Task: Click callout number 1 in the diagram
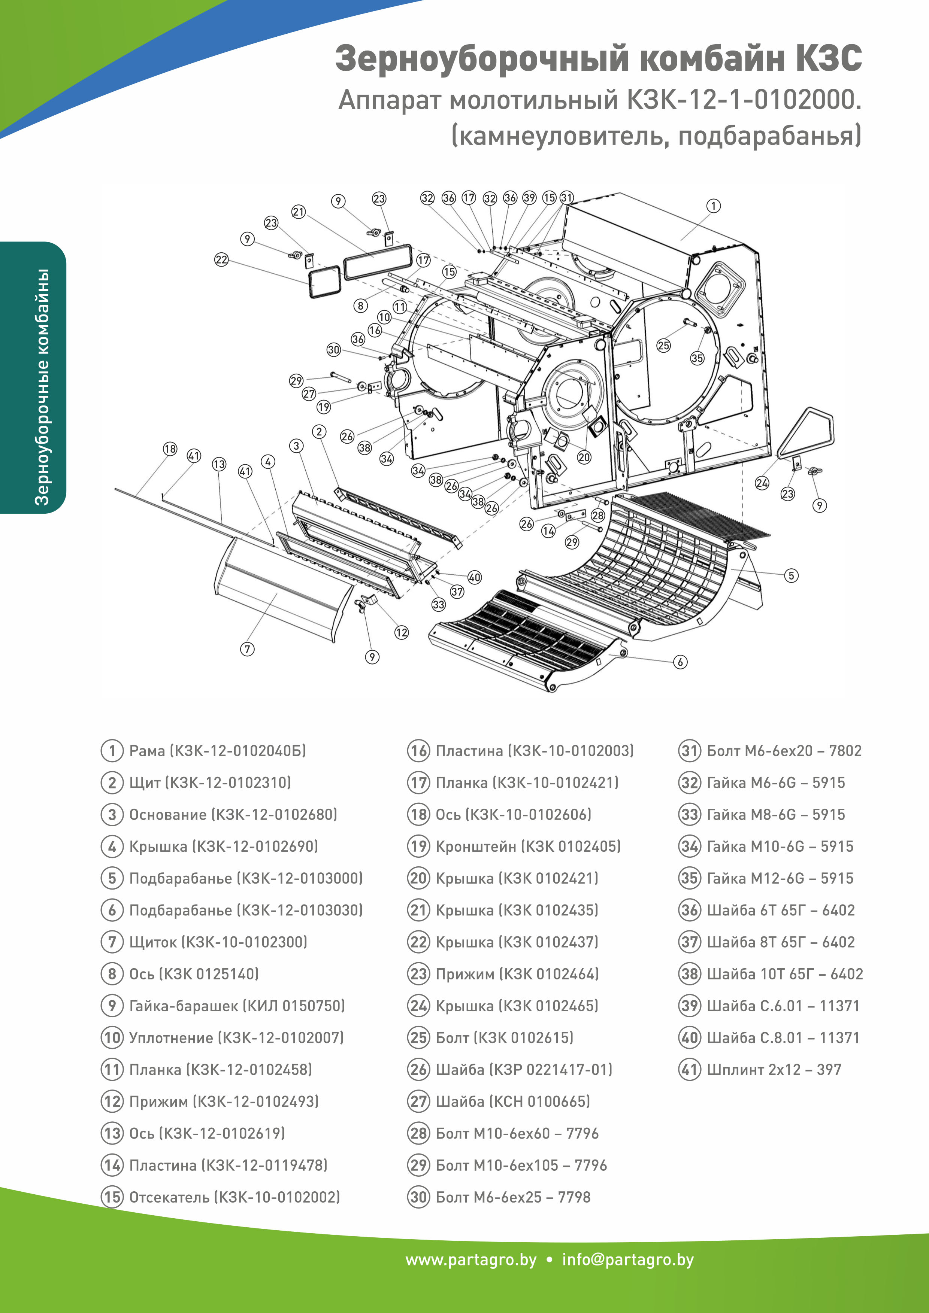click(713, 206)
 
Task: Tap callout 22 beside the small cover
click(221, 259)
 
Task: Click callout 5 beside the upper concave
click(791, 575)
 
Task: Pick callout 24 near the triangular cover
click(762, 483)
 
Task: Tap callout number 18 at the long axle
click(170, 449)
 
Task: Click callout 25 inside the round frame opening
click(663, 346)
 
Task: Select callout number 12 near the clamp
click(402, 632)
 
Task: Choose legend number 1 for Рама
click(112, 751)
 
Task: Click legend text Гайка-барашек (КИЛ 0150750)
click(237, 1006)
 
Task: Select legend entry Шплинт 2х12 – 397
click(774, 1069)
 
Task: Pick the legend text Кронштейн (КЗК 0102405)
click(527, 847)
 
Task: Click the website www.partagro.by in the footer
click(471, 1260)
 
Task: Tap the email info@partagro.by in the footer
click(627, 1260)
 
